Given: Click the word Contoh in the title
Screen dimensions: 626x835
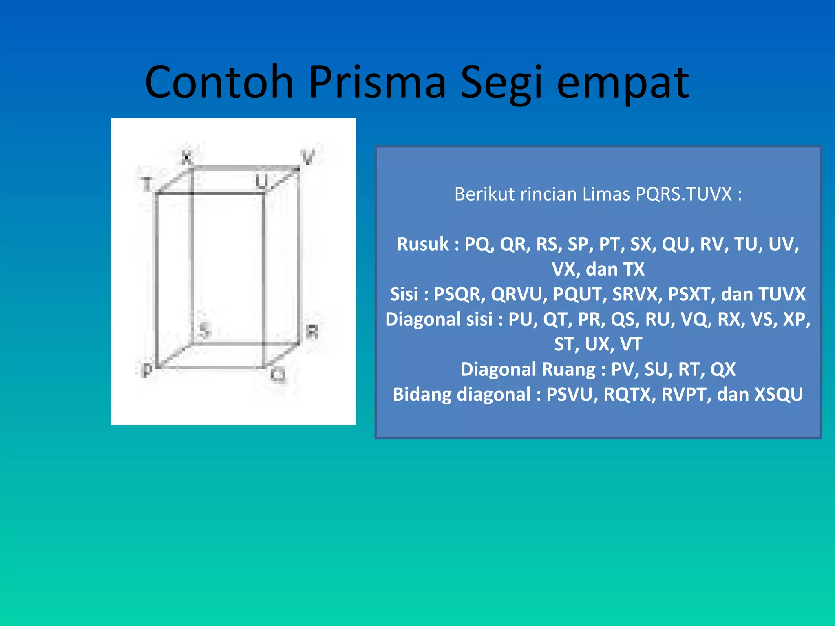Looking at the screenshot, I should click(219, 82).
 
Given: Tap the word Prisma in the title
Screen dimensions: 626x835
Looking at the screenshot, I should click(377, 82).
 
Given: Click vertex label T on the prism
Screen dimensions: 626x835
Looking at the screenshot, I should click(146, 184).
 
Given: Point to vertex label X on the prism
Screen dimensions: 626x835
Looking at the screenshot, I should click(187, 157).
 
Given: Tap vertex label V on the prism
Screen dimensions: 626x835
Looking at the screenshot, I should click(308, 157).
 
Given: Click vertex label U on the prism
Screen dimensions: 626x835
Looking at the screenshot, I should click(261, 181).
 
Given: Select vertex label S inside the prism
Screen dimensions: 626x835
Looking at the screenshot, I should click(204, 329).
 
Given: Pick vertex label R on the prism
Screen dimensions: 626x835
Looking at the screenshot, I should click(312, 331).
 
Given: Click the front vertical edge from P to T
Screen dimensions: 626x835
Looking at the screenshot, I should click(156, 281).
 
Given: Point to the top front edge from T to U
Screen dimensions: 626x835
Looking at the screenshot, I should click(210, 193).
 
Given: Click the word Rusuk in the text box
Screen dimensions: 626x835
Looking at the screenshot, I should click(422, 244).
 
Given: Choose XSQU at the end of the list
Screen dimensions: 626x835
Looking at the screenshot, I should click(778, 394).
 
